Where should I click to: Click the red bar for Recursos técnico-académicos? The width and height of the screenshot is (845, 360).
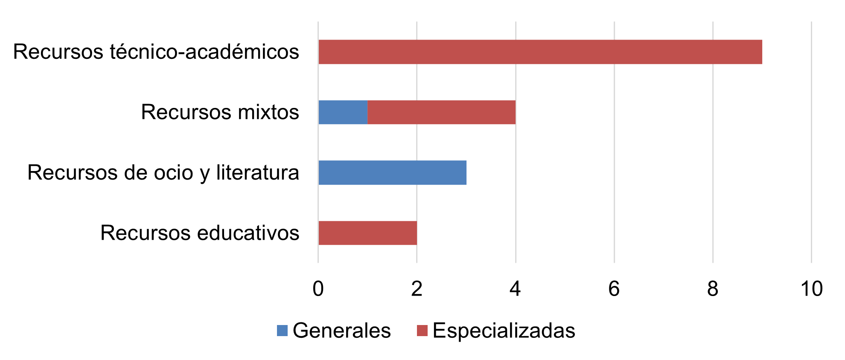(x=540, y=52)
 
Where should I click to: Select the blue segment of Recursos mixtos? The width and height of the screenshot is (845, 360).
(x=343, y=112)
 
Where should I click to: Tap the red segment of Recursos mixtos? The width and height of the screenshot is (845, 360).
(x=441, y=112)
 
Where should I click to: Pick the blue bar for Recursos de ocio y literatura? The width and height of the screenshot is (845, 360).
(x=392, y=173)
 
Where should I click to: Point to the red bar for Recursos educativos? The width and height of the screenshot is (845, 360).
(x=367, y=233)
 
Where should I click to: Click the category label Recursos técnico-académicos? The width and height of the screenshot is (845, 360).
(x=156, y=52)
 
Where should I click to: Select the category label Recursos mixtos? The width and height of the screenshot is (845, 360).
(x=220, y=112)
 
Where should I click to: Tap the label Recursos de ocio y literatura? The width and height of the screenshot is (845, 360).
(x=163, y=173)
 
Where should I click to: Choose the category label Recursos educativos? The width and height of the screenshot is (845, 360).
(x=200, y=233)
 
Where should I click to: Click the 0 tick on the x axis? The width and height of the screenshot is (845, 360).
(x=318, y=289)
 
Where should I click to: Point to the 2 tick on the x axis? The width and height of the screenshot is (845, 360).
(x=417, y=289)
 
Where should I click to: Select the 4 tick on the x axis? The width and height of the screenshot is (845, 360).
(x=515, y=289)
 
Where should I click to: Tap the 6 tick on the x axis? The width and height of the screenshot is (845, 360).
(x=614, y=289)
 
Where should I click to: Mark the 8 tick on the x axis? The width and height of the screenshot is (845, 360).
(x=713, y=289)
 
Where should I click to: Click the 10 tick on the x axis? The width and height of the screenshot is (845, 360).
(x=811, y=289)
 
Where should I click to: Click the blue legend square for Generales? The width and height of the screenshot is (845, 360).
(x=282, y=331)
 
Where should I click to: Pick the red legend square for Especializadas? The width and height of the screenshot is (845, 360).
(x=422, y=331)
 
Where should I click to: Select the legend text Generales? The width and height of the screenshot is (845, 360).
(x=341, y=331)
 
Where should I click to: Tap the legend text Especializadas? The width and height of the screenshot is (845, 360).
(x=504, y=331)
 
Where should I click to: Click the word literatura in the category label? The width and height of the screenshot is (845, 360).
(x=257, y=173)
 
